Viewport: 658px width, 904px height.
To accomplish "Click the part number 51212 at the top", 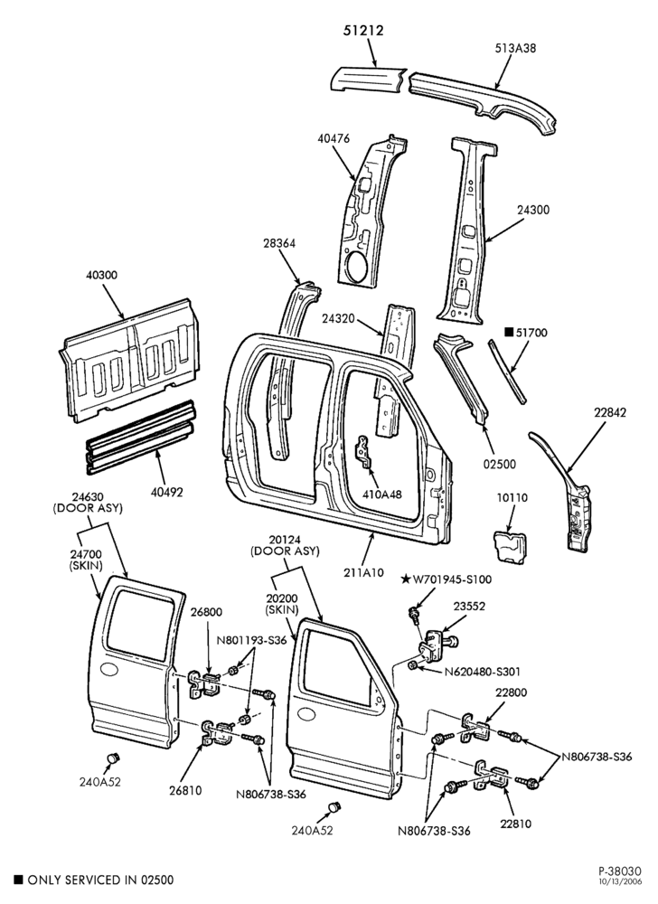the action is (363, 30).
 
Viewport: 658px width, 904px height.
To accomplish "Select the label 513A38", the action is (515, 49).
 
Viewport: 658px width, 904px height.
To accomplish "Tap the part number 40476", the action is (333, 139).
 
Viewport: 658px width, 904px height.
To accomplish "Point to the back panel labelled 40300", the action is (129, 360).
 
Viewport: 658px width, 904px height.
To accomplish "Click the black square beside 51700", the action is (508, 332).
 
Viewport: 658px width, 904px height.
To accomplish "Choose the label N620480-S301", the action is (483, 672).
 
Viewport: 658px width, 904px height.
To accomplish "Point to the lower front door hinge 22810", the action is (491, 776).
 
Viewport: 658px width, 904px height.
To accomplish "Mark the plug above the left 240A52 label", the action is (113, 758).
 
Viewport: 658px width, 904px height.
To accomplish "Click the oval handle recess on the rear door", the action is (109, 669).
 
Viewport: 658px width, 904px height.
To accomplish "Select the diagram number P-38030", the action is (620, 871).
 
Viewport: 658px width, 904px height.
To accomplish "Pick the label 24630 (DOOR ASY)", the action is (89, 502).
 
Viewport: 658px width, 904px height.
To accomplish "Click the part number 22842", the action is (610, 412).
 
